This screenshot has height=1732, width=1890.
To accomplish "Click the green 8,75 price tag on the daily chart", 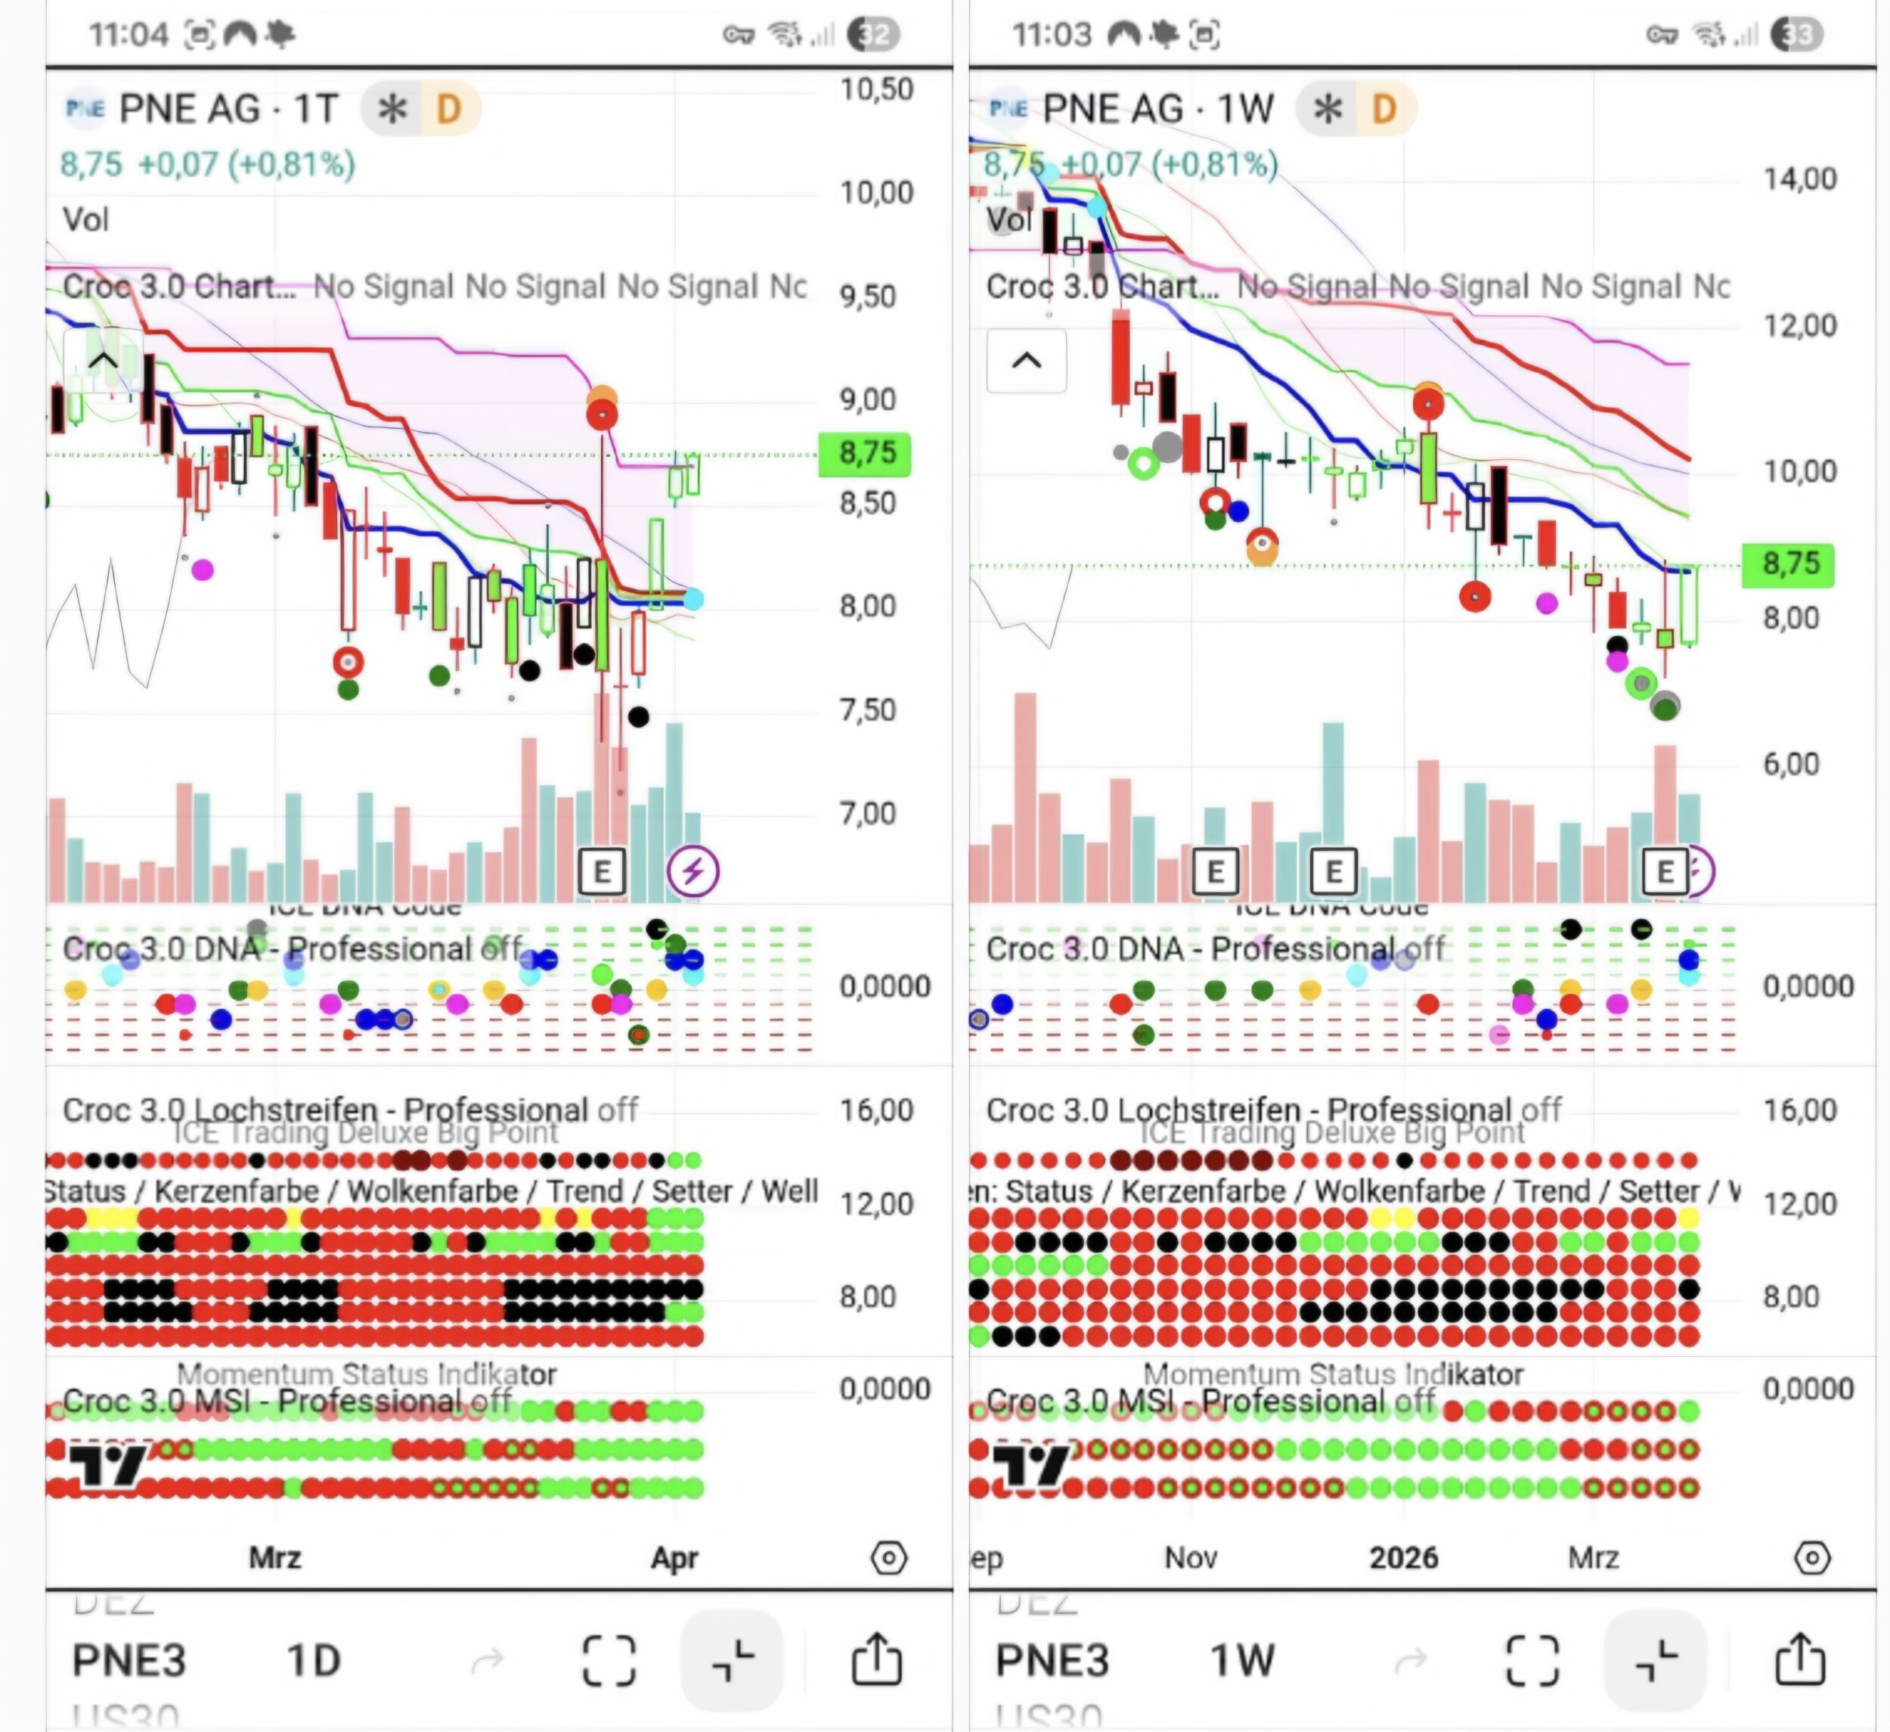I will (x=864, y=454).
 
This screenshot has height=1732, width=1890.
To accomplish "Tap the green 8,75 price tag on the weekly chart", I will (x=1788, y=564).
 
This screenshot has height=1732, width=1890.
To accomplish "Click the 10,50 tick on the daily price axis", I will (x=876, y=90).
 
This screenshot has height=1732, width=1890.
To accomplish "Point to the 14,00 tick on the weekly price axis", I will (x=1800, y=178).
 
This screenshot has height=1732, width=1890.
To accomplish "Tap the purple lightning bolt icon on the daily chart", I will (x=692, y=871).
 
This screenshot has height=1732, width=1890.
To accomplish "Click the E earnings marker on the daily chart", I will (x=602, y=871).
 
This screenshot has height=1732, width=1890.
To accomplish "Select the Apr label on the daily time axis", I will (x=675, y=1559).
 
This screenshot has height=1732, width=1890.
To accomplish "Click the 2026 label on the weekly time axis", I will (x=1403, y=1559).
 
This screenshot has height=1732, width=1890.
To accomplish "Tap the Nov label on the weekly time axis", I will (x=1191, y=1559).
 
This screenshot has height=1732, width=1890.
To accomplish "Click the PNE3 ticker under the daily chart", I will (x=129, y=1661).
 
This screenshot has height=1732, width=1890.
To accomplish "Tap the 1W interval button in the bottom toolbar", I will (x=1242, y=1661).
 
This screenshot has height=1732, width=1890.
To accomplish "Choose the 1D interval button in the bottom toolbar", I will (x=313, y=1661).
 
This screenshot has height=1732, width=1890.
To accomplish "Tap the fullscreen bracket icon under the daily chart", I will (x=609, y=1661).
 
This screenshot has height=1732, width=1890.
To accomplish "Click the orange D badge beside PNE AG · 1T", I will (x=449, y=110).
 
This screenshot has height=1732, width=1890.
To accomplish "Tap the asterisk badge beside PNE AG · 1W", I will (x=1328, y=110).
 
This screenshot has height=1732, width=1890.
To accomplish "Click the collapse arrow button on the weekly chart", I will (x=1027, y=361).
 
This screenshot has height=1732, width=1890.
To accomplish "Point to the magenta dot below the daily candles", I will (x=203, y=570).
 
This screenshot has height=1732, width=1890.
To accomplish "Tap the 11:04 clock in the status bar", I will (x=129, y=36).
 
